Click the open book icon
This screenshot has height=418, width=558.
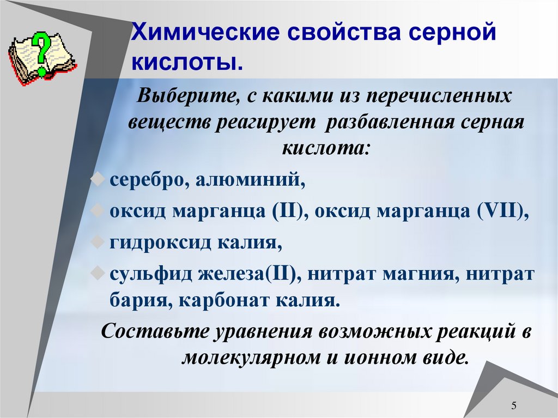pos(41,57)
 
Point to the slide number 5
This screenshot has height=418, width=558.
pos(514,405)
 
